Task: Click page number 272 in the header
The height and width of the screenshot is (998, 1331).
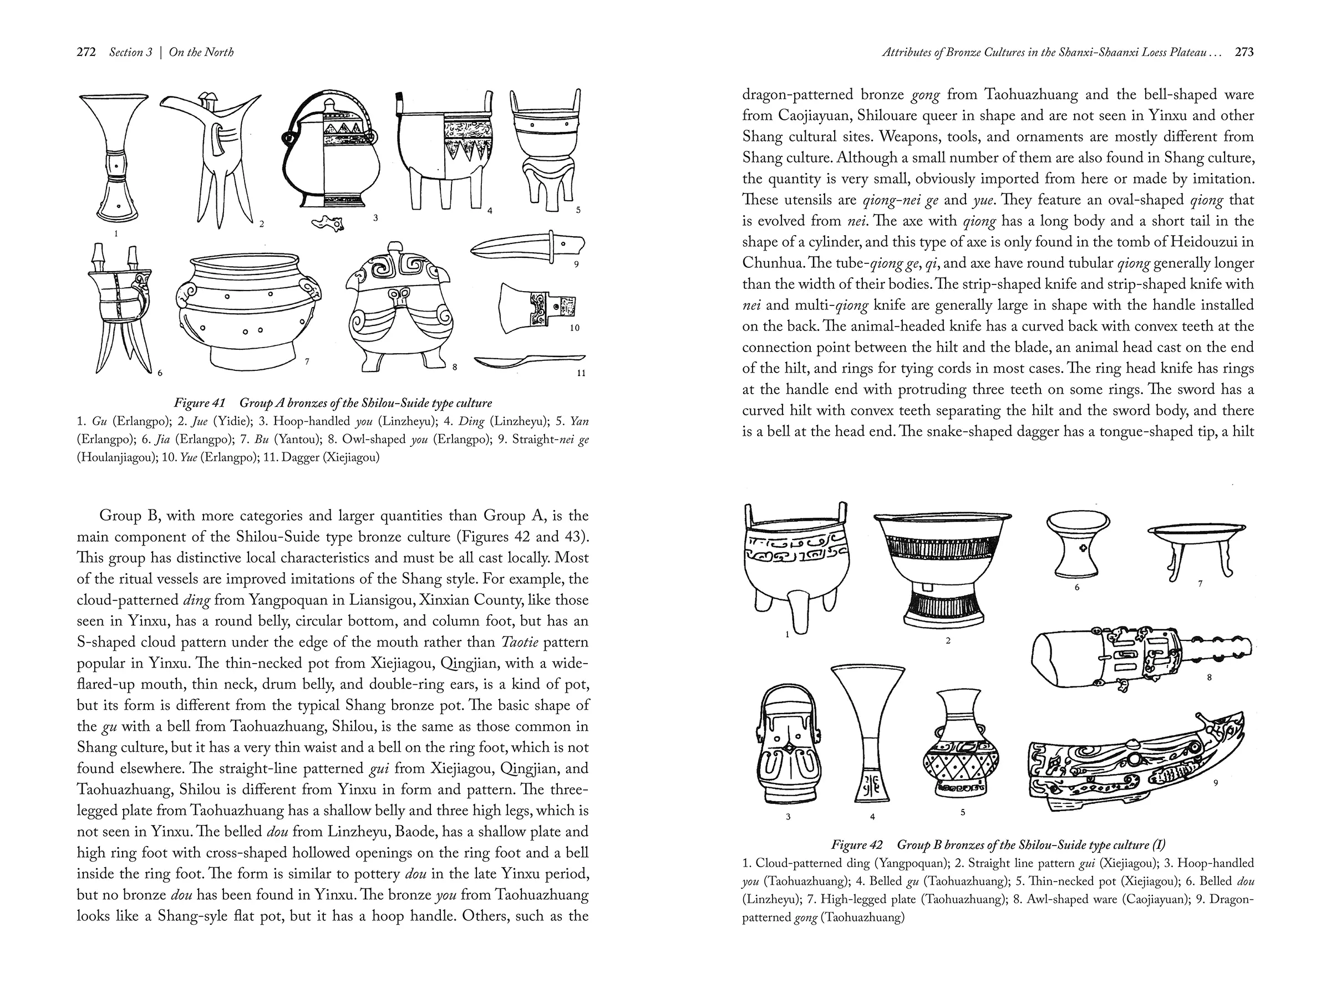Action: click(86, 52)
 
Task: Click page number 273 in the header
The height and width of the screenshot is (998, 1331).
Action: click(1244, 52)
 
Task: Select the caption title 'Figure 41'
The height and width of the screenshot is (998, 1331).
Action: click(199, 403)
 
